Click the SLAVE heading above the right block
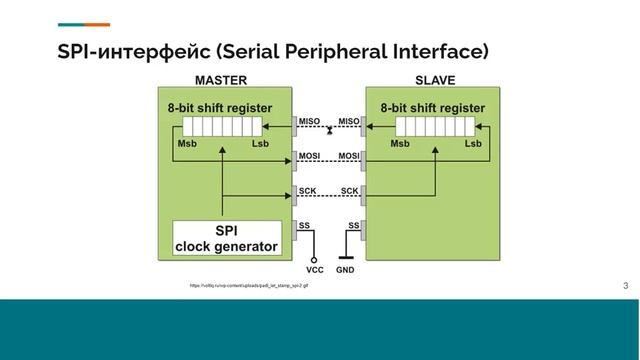(x=435, y=80)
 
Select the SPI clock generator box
(x=227, y=238)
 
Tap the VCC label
(x=315, y=270)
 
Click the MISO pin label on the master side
(x=309, y=122)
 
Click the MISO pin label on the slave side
(x=349, y=122)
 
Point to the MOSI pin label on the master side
(x=309, y=156)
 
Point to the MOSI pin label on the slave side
(x=349, y=156)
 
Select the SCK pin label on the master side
(x=307, y=190)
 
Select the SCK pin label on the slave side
(x=350, y=190)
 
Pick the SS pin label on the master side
(x=304, y=225)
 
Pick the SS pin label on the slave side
(x=354, y=225)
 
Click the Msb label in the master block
(x=187, y=144)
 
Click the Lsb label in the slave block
(x=475, y=144)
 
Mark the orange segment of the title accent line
(x=98, y=24)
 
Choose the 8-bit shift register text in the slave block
(x=433, y=108)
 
